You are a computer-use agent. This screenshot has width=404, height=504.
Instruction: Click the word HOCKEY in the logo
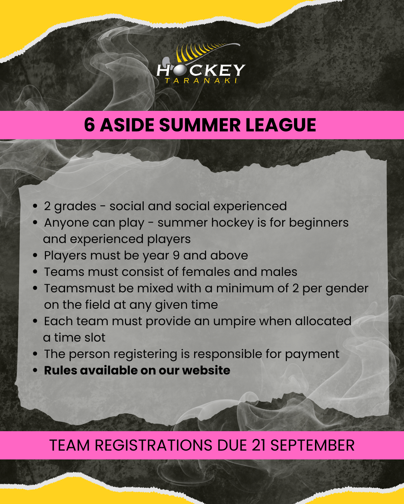(x=201, y=70)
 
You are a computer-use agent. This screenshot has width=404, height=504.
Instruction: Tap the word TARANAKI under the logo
(x=201, y=81)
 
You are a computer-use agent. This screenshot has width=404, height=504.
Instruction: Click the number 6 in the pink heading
(x=89, y=125)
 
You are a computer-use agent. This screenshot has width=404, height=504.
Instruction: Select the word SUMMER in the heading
(x=200, y=125)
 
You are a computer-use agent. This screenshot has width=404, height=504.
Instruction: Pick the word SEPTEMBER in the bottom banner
(x=312, y=445)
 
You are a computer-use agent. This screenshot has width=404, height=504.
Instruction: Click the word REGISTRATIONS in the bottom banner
(x=153, y=445)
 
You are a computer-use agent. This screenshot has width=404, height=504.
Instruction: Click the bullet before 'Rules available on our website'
(x=35, y=370)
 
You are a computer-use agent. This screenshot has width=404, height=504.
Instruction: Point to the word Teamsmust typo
(x=79, y=288)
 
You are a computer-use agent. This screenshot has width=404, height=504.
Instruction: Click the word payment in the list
(x=312, y=355)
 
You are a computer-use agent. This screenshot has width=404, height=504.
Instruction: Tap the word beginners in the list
(x=319, y=223)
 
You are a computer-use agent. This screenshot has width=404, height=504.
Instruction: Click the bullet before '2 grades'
(x=35, y=206)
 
